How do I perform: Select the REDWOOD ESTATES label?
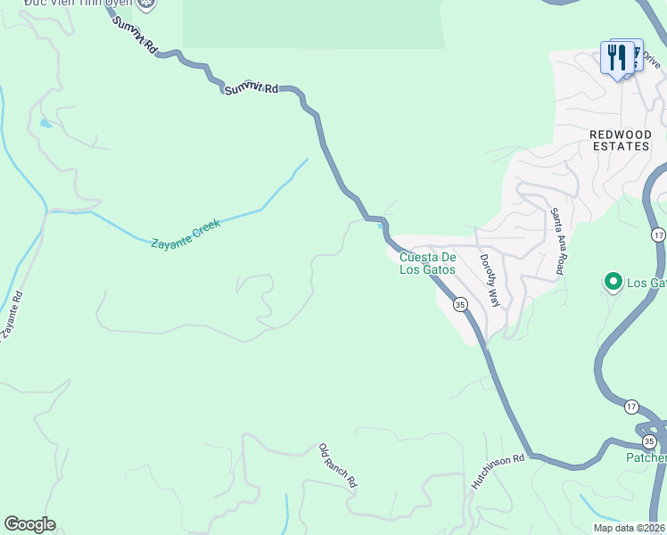click(x=621, y=140)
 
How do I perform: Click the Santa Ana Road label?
click(x=558, y=240)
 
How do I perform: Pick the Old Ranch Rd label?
click(x=338, y=465)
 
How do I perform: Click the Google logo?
click(x=29, y=524)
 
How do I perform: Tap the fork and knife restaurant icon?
click(x=618, y=59)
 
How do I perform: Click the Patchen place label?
click(x=646, y=458)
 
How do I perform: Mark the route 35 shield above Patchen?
click(x=649, y=441)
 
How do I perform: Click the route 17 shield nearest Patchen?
click(x=631, y=407)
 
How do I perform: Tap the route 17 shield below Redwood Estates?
click(x=658, y=235)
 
